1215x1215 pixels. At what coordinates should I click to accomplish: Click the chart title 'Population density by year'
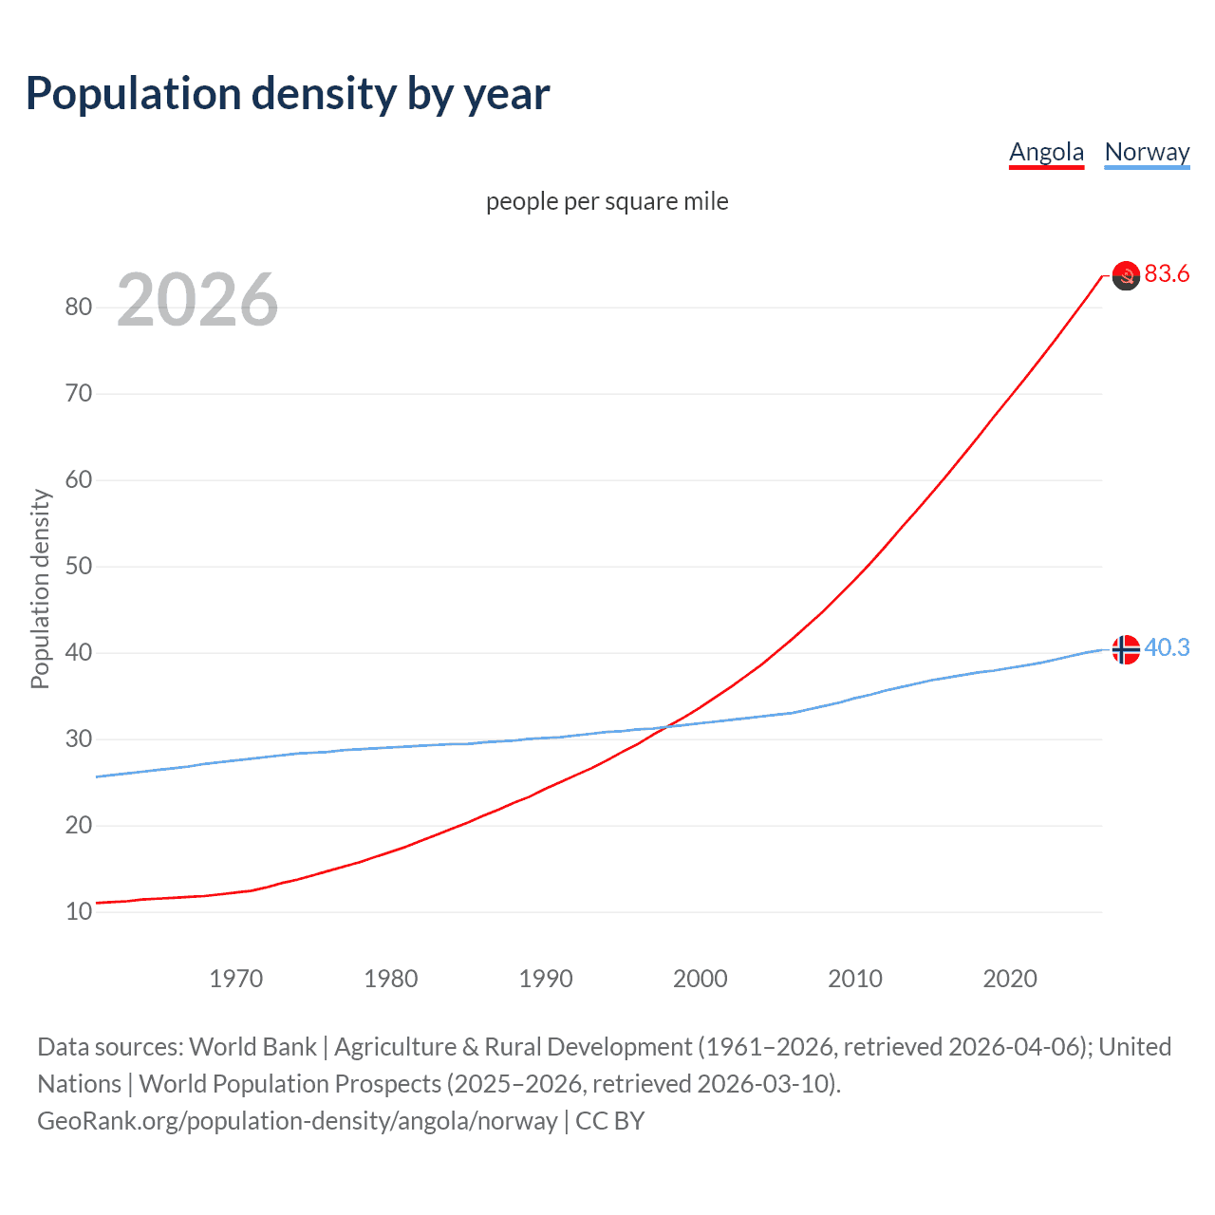click(288, 94)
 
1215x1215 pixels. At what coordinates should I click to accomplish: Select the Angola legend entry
click(1046, 152)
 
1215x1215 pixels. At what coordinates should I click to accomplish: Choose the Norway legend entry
click(1147, 152)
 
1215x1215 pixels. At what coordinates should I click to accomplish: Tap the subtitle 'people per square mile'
click(607, 201)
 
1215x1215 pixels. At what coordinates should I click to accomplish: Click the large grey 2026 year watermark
click(197, 300)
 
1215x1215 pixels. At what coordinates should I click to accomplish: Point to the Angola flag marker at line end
click(1126, 275)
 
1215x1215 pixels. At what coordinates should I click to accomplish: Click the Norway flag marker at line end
click(1126, 649)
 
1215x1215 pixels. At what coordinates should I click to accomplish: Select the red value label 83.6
click(1167, 274)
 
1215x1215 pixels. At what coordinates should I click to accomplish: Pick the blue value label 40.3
click(1167, 647)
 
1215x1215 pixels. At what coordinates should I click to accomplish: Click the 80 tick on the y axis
click(79, 307)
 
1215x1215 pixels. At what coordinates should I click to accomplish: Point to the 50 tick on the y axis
click(79, 567)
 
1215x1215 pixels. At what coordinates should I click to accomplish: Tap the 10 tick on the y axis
click(79, 911)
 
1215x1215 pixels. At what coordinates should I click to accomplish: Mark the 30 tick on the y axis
click(79, 738)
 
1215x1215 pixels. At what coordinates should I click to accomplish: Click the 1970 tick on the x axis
click(236, 979)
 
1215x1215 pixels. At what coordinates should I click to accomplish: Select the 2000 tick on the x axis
click(701, 979)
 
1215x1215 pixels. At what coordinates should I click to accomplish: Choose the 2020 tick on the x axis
click(1010, 979)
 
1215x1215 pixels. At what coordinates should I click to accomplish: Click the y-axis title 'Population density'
click(40, 589)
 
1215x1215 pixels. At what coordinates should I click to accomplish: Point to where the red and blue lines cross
click(667, 727)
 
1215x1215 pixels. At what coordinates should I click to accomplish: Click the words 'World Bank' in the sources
click(252, 1047)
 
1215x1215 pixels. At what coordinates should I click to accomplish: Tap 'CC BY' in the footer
click(610, 1121)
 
